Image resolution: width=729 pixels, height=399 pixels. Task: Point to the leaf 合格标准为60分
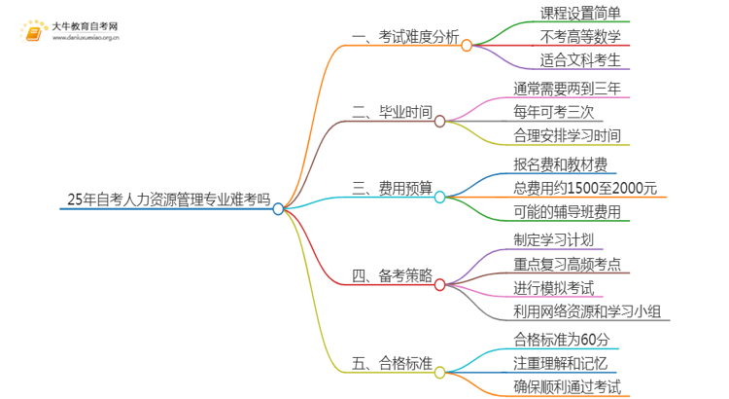tap(562, 339)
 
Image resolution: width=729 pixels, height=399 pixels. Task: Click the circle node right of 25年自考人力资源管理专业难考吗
tap(279, 208)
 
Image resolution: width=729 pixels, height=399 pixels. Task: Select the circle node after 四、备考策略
tap(439, 285)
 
